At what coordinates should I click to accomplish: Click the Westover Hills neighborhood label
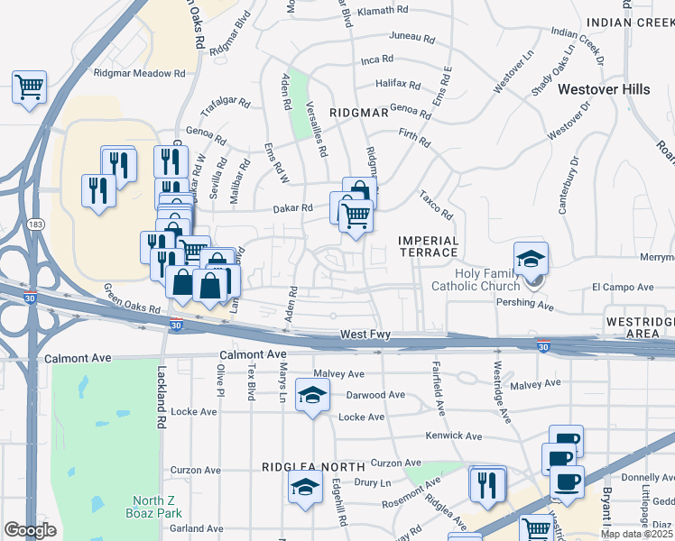point(604,89)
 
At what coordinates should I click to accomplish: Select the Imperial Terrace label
point(429,246)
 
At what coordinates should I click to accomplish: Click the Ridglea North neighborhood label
point(313,467)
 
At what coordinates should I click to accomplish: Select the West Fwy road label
point(365,335)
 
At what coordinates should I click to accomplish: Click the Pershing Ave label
point(525,306)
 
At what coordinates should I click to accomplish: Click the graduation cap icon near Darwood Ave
point(312,396)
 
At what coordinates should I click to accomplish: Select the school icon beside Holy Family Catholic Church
point(532,257)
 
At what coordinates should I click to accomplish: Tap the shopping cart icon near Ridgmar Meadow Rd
point(29,87)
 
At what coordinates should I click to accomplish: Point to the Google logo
point(30,530)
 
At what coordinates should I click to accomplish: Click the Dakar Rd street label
point(294,207)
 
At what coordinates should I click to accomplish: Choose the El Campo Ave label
point(622,288)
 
